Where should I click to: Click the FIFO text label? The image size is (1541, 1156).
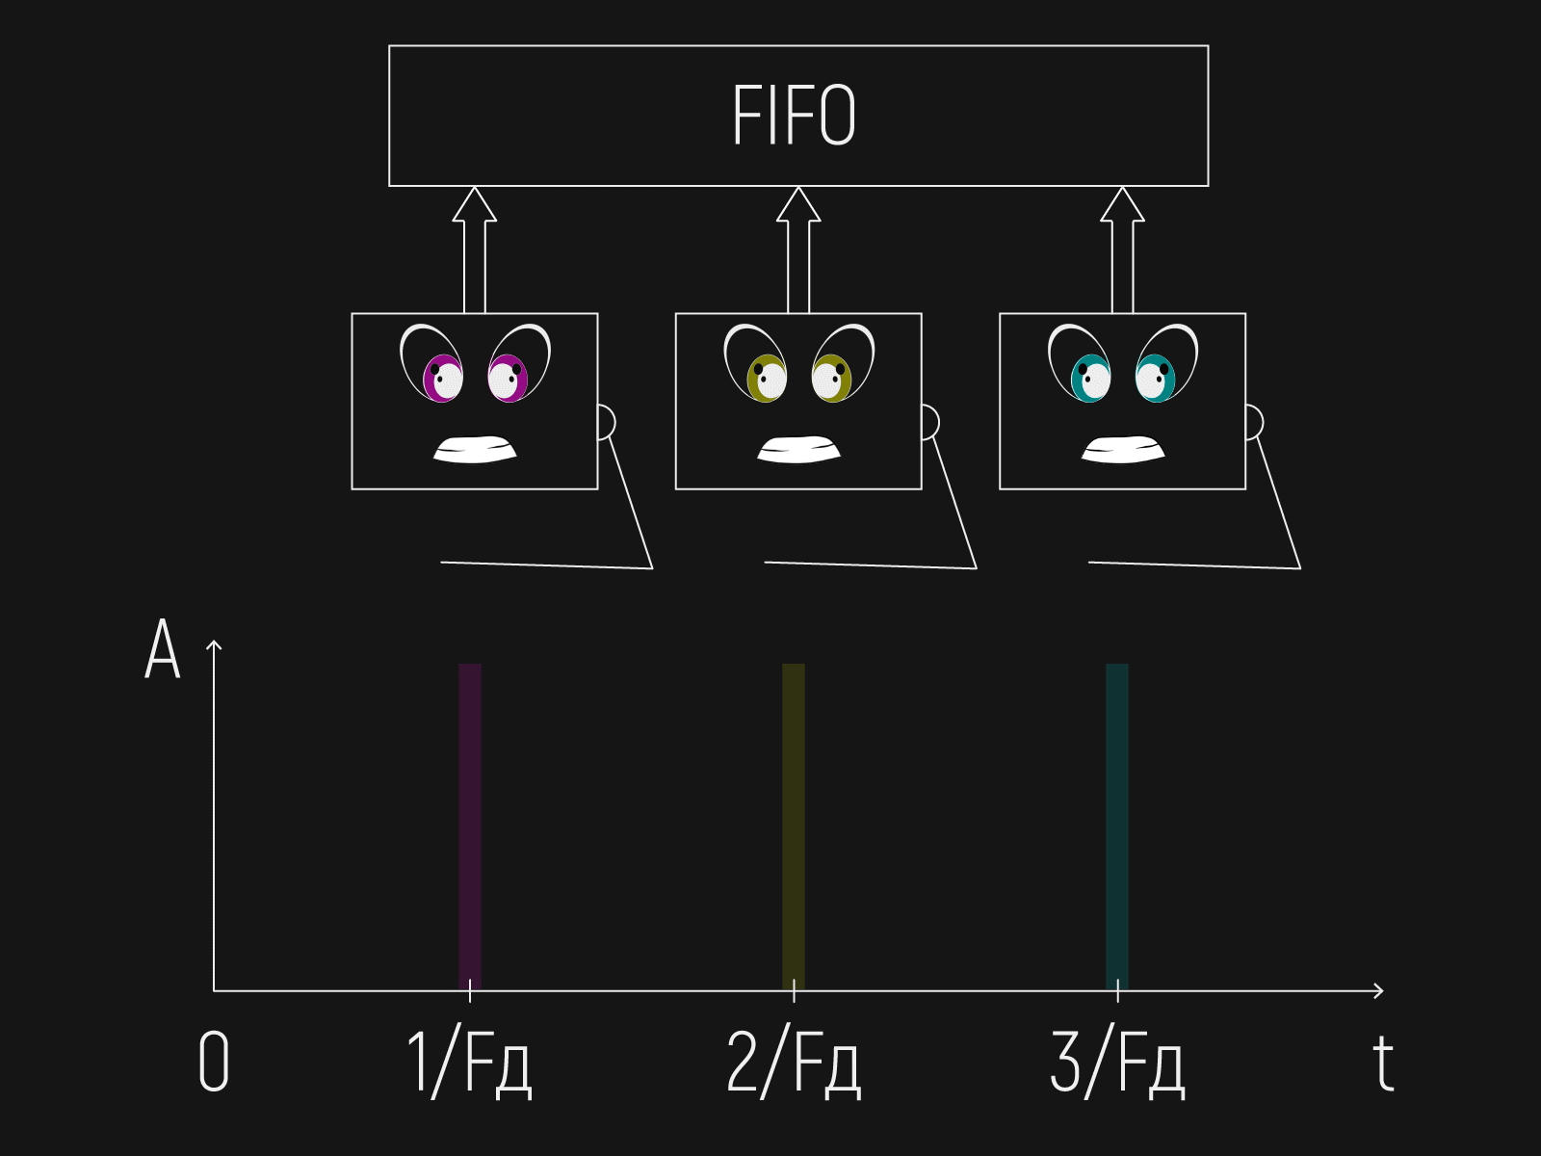click(794, 116)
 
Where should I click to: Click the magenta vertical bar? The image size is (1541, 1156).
click(470, 824)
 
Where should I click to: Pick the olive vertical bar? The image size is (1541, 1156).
click(794, 824)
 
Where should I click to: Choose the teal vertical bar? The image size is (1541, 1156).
click(1117, 824)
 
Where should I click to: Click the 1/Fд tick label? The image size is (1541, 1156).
click(470, 1063)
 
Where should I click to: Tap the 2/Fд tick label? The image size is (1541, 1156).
click(794, 1063)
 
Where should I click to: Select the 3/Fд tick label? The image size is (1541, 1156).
click(1117, 1063)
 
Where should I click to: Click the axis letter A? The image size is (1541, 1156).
click(163, 650)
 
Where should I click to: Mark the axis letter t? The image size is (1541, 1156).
click(1383, 1063)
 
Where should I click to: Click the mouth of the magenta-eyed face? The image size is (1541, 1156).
click(475, 450)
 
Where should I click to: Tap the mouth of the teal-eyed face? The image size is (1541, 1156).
click(1123, 450)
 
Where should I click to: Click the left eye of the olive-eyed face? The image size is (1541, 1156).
click(767, 378)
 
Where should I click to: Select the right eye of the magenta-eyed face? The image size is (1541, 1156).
click(508, 378)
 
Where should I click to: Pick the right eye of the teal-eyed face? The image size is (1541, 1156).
click(1156, 378)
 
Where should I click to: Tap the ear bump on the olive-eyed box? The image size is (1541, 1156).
click(929, 422)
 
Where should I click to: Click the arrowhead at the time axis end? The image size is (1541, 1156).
click(1379, 990)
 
